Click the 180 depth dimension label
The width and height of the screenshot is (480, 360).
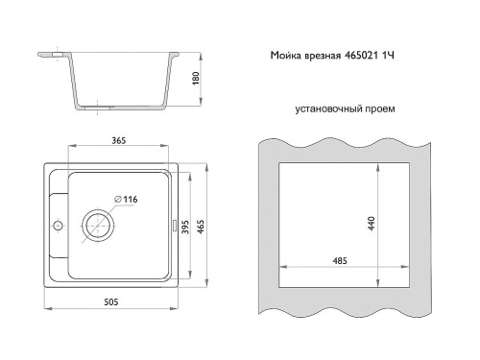point(196,79)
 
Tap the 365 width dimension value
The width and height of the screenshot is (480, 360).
point(119,140)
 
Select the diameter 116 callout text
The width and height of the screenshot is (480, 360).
point(126,200)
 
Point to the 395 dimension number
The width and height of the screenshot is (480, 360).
point(185,227)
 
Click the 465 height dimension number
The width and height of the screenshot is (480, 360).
point(201,227)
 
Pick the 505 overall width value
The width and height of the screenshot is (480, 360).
point(111,301)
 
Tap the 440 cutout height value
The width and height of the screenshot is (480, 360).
point(372,224)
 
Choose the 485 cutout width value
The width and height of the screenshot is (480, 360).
point(340,261)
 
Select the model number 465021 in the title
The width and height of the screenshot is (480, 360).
point(361,56)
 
